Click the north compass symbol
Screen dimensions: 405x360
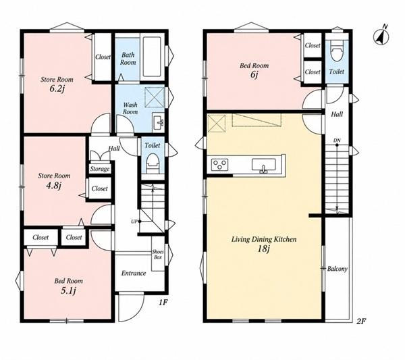coord(381,36)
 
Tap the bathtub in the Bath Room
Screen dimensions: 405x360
coord(152,57)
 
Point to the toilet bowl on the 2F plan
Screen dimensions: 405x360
coord(336,53)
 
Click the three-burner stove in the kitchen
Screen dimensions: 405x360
coord(220,165)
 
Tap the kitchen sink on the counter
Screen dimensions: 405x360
coord(264,166)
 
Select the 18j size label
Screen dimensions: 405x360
coord(263,249)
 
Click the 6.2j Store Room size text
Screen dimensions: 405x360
coord(57,89)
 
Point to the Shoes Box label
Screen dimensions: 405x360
coord(157,255)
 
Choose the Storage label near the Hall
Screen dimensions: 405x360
coord(100,170)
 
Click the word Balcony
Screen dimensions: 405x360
coord(337,269)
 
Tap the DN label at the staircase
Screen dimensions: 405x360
coord(337,140)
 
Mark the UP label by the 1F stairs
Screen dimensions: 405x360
coord(134,222)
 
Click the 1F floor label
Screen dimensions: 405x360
coord(163,303)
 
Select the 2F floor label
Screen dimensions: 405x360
coord(361,322)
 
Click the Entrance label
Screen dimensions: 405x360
coord(134,273)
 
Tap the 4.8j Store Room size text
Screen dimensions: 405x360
coord(54,186)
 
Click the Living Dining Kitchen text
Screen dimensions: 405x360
coord(264,239)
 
